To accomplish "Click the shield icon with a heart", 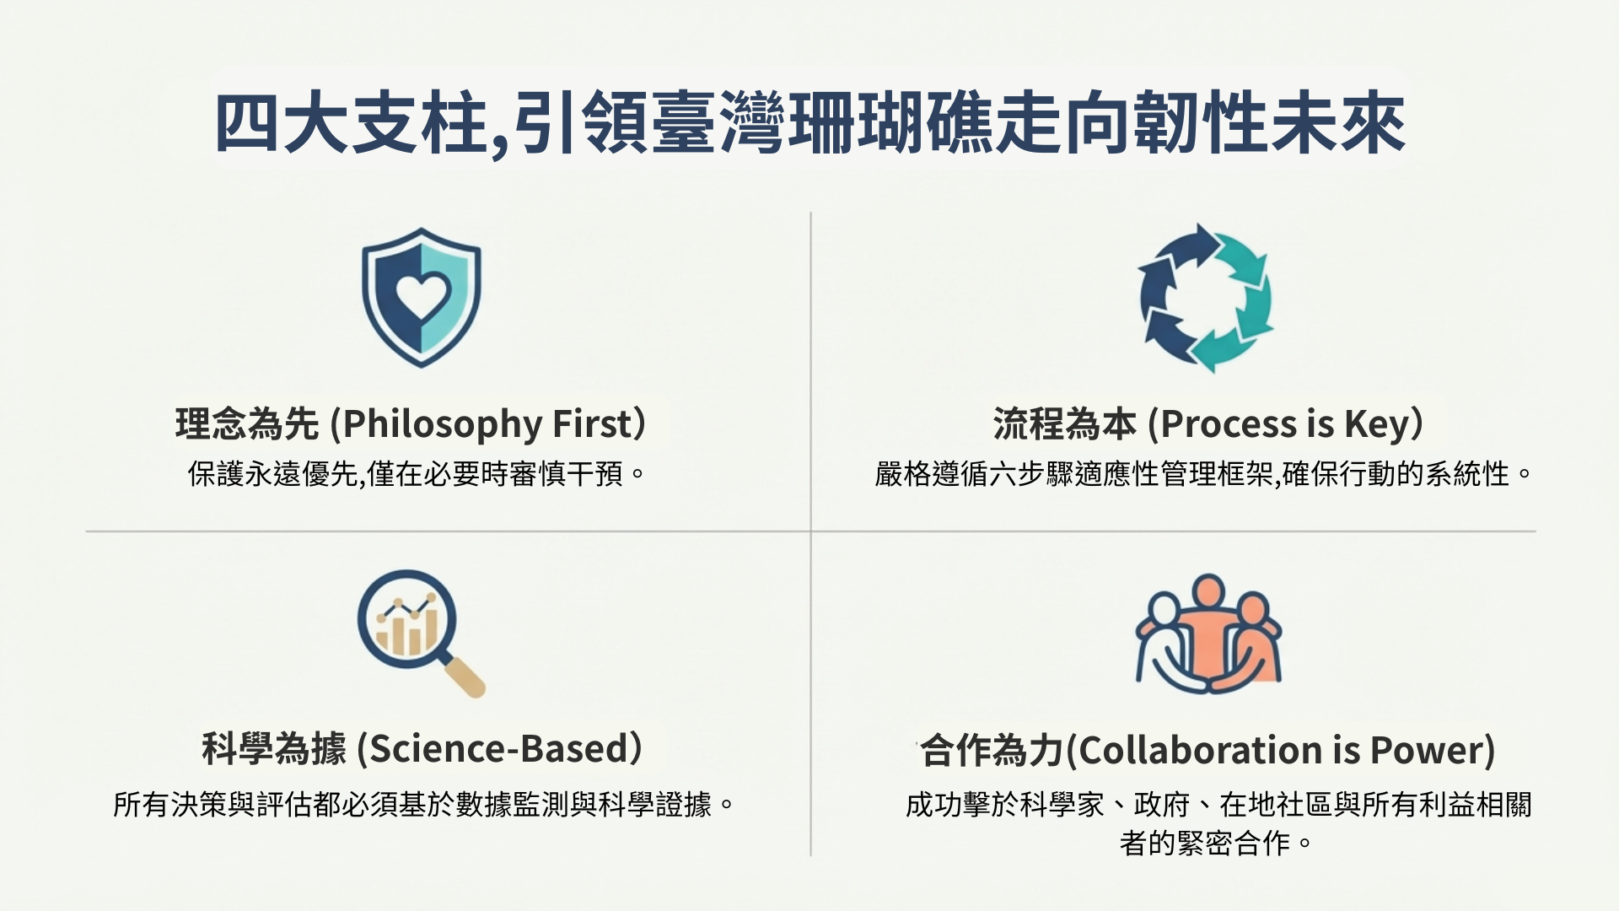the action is coord(421,298).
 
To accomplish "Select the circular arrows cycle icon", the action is coord(1206,298).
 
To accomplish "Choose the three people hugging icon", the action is coord(1208,634).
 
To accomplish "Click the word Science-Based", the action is coord(502,749).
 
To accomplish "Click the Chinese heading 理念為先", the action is coord(247,423).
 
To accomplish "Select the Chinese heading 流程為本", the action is coord(1064,423).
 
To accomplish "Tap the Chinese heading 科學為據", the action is coord(274,749).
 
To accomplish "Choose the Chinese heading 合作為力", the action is coord(992,750).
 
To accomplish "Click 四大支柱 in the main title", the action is coord(352,125).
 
